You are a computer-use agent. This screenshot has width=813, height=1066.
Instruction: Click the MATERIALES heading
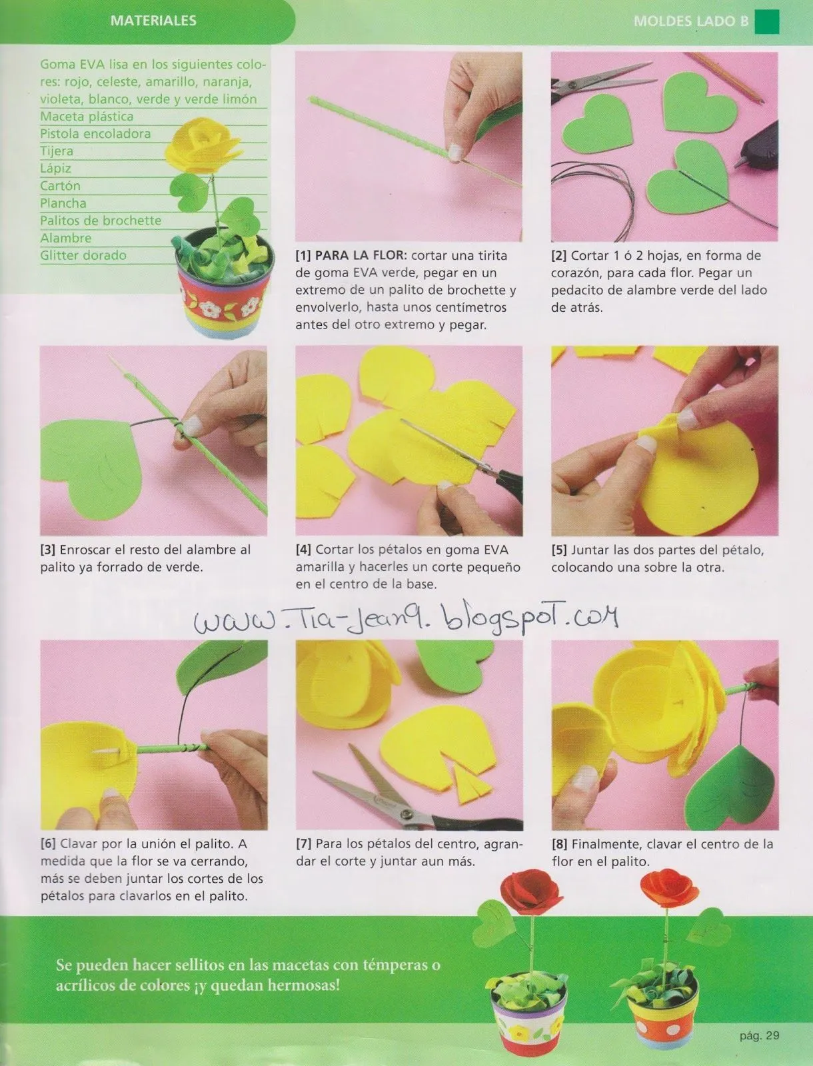(x=153, y=21)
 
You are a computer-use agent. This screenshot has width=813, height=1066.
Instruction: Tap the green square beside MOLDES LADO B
(x=767, y=22)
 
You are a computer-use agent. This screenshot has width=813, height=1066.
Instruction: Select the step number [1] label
(x=303, y=255)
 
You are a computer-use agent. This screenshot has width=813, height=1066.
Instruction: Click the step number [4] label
(x=303, y=550)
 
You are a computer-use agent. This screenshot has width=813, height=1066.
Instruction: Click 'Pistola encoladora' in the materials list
(x=95, y=133)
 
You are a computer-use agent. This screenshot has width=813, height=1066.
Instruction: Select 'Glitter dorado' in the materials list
(x=83, y=255)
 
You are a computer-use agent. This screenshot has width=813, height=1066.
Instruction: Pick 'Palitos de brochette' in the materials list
(x=101, y=221)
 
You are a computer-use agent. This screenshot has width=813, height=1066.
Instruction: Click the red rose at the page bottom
(x=532, y=892)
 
